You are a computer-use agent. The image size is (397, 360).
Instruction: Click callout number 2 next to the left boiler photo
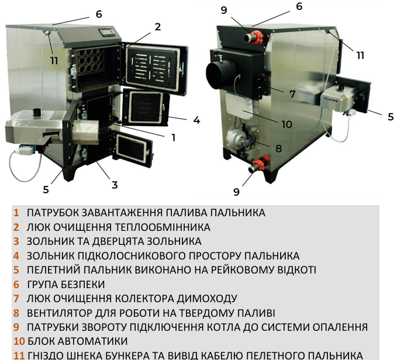point(157,26)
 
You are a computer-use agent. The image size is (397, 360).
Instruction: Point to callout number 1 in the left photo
point(173,137)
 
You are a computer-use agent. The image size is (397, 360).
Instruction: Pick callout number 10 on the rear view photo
point(286,124)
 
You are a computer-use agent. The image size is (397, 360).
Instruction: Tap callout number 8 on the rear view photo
point(278,148)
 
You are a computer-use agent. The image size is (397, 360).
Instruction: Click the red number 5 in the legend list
point(17,271)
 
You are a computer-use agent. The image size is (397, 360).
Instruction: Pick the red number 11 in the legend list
point(19,355)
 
